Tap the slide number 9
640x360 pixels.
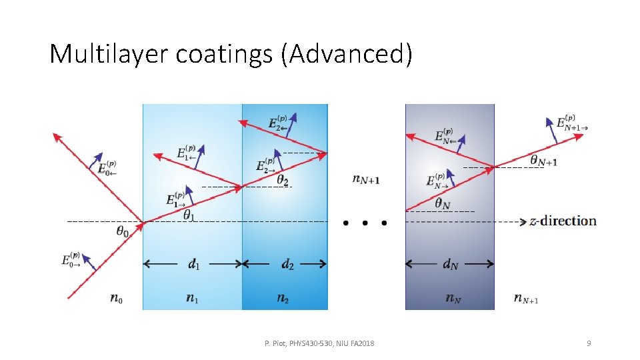tap(588, 343)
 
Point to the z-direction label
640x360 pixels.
tap(563, 221)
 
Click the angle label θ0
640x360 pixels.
tap(123, 231)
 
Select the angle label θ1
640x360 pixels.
tap(190, 215)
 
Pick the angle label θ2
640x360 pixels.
tap(283, 180)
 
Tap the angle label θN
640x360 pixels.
tap(443, 203)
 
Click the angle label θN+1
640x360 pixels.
tap(543, 160)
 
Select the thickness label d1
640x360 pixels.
tap(193, 265)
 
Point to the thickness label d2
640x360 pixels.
tap(287, 265)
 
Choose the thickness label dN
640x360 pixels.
tap(450, 265)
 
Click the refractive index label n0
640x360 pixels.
tap(116, 299)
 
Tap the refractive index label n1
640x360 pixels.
tap(192, 299)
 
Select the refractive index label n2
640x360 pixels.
tap(283, 299)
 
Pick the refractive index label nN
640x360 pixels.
tap(453, 299)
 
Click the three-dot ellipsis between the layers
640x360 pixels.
tap(364, 223)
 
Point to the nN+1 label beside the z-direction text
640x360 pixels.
tap(526, 299)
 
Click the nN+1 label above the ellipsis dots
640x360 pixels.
tap(366, 179)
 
